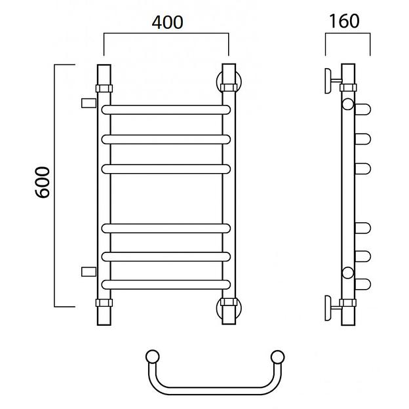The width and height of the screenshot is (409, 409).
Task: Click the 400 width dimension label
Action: click(167, 22)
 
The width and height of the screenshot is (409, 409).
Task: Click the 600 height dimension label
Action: click(43, 183)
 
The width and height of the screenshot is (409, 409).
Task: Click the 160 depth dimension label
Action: click(344, 21)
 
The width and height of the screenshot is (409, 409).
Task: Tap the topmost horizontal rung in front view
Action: click(166, 110)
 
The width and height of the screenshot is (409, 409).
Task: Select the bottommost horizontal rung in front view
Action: click(166, 284)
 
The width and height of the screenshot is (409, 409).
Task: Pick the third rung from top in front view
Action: click(166, 169)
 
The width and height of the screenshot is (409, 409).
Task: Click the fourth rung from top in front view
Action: click(166, 229)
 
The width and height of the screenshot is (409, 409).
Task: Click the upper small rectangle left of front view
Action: click(89, 103)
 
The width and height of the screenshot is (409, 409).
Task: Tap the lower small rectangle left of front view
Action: click(89, 272)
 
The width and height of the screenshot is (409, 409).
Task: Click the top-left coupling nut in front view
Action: click(104, 88)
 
